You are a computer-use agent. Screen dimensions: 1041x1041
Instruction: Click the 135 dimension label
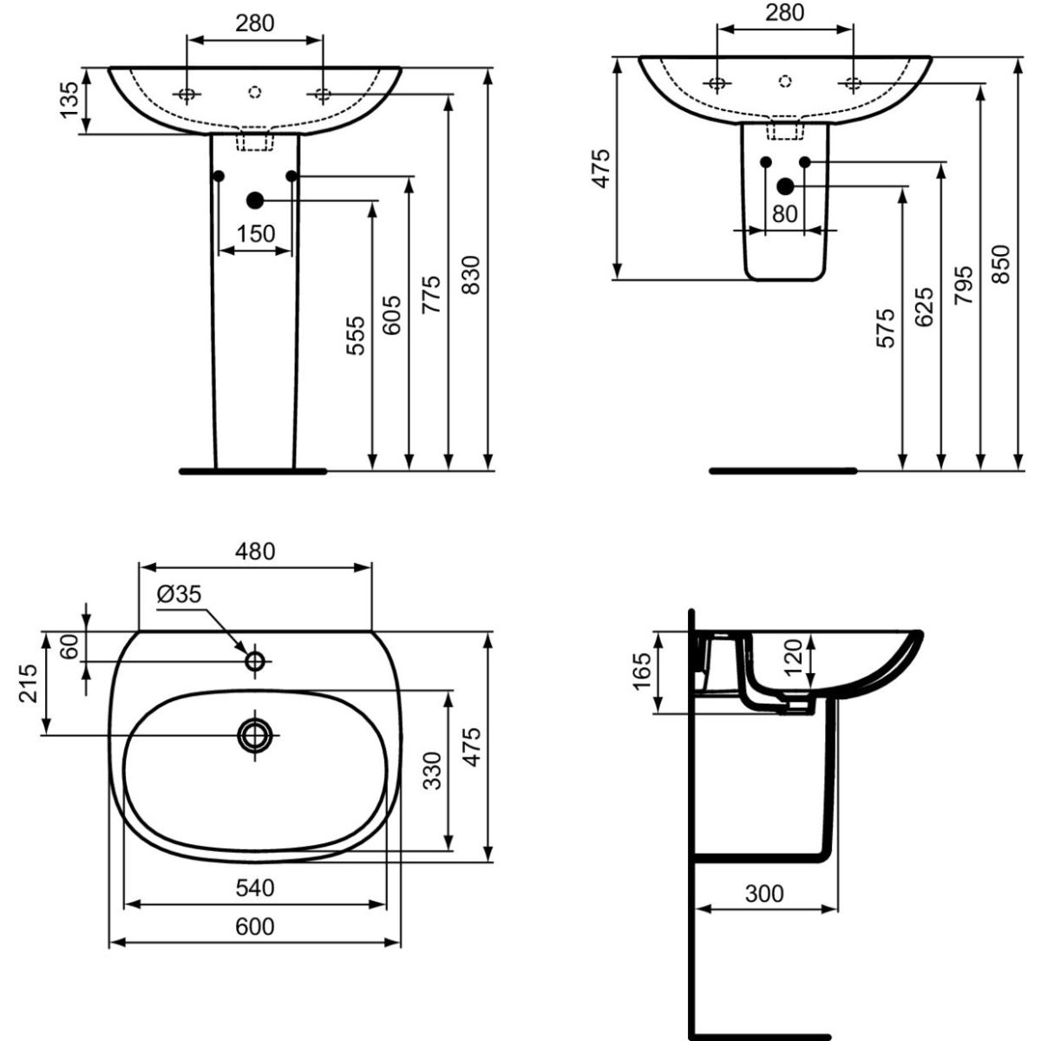coord(69,101)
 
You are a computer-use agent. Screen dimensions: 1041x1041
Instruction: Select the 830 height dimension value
coord(472,275)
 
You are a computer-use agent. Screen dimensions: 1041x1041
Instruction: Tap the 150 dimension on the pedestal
coord(256,234)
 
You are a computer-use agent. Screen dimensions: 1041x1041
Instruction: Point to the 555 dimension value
coord(356,336)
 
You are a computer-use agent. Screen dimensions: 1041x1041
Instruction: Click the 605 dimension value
coord(392,315)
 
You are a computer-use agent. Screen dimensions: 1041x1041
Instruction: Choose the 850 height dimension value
coord(1001,265)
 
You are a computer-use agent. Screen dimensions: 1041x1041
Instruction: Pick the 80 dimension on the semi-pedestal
coord(785,214)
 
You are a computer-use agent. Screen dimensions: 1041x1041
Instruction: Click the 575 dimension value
coord(886,328)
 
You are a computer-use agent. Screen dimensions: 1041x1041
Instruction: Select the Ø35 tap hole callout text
coord(179,594)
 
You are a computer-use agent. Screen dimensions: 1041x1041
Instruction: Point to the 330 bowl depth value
coord(432,770)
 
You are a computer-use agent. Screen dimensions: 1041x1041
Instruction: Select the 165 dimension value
coord(643,671)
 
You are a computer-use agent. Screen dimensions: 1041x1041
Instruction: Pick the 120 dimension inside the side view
coord(794,658)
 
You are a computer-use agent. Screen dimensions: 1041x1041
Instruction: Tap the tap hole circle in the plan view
coord(255,661)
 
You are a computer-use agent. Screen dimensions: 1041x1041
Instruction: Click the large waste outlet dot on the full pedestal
coord(255,200)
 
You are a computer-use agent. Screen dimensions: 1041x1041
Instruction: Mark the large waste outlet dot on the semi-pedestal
coord(785,187)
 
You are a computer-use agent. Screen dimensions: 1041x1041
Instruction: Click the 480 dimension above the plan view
coord(255,551)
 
